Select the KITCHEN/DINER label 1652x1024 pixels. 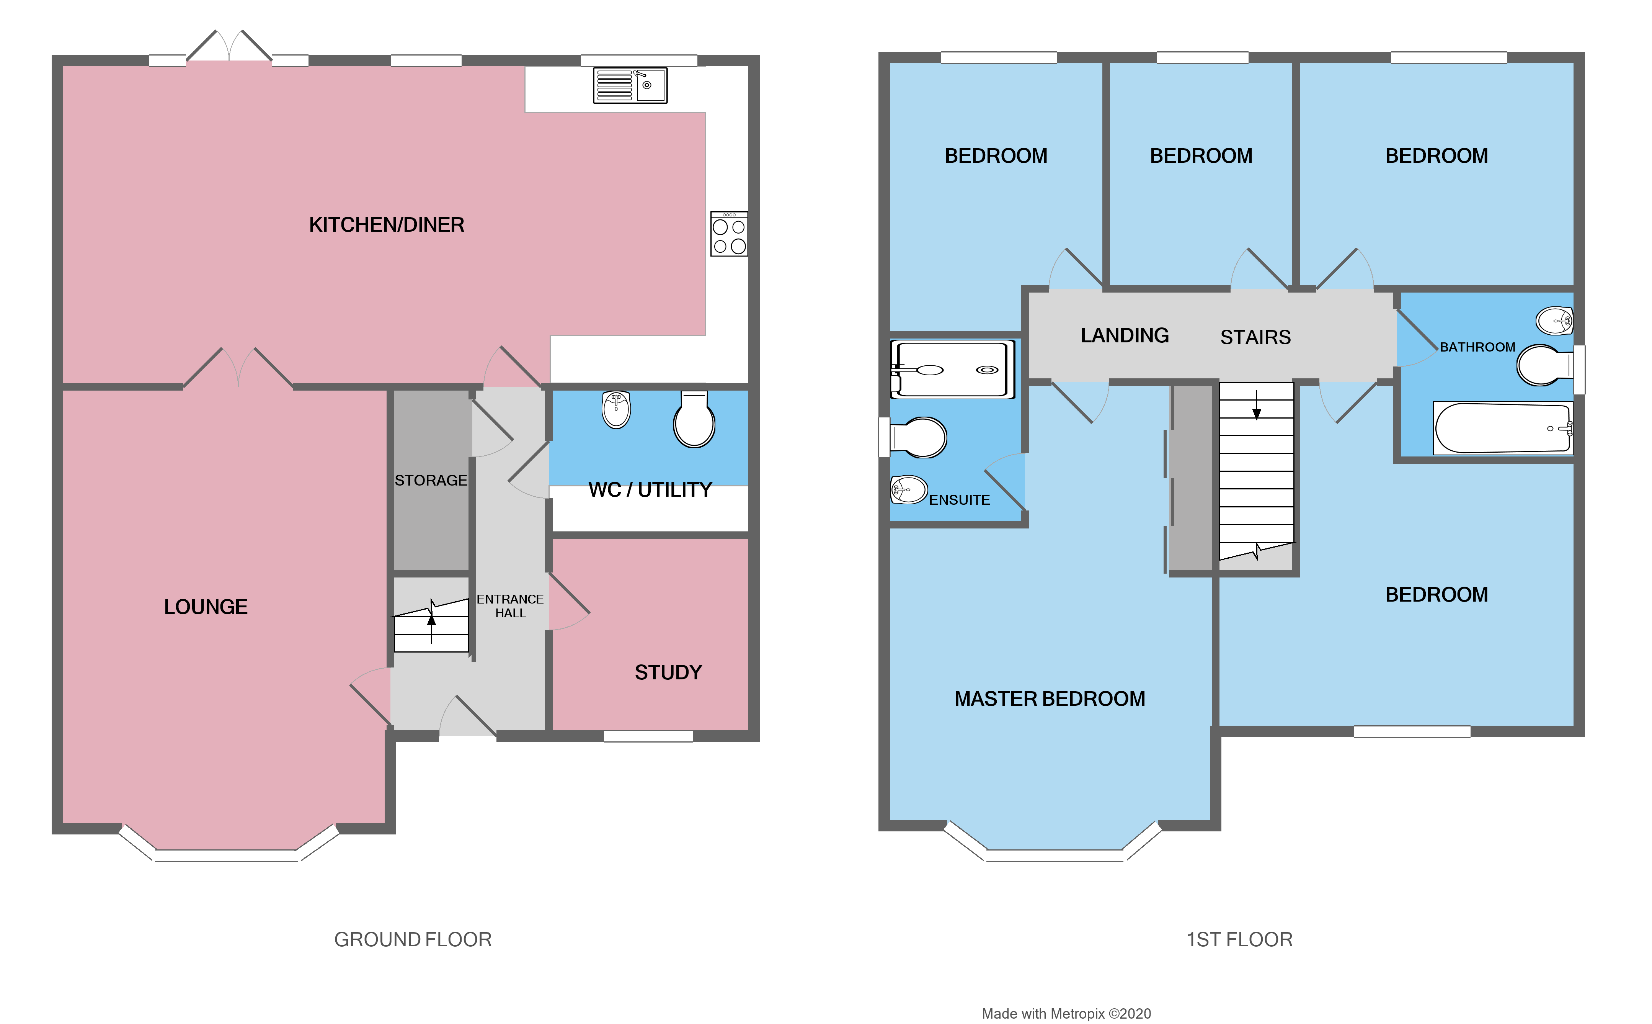click(387, 225)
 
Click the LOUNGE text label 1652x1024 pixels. click(206, 607)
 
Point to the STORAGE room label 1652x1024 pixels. click(431, 480)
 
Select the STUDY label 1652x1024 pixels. click(668, 672)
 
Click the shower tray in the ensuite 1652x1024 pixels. click(952, 369)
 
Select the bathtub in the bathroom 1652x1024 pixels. click(1502, 428)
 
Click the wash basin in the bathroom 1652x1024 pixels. click(1554, 321)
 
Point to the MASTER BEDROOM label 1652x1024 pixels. click(1050, 699)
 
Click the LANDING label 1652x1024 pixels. click(1124, 335)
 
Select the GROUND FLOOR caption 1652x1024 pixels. click(413, 939)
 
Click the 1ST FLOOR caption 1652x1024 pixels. click(1239, 939)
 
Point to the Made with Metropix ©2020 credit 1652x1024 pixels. click(1066, 1013)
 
